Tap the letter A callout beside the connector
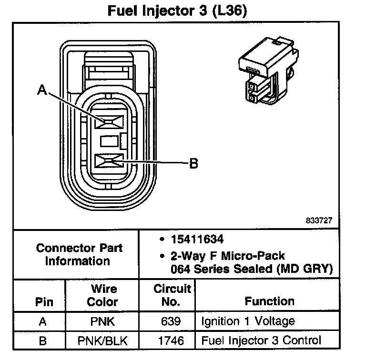click(42, 90)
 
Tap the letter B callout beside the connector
click(193, 164)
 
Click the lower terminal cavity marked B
click(109, 162)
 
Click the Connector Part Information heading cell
click(79, 254)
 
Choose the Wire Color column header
click(103, 295)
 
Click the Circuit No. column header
click(173, 295)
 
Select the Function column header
click(269, 301)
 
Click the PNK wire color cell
click(103, 321)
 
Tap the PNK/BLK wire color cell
click(103, 340)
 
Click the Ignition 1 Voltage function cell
click(248, 321)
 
